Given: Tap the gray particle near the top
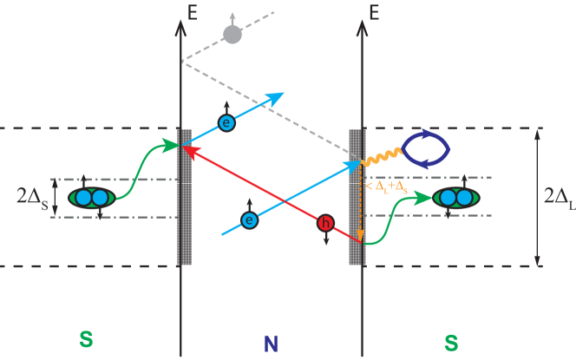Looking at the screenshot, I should pyautogui.click(x=232, y=34).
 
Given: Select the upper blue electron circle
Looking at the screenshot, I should pyautogui.click(x=226, y=123).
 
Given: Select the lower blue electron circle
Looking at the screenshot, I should pyautogui.click(x=250, y=220).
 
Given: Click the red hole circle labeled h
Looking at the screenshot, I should pyautogui.click(x=325, y=224).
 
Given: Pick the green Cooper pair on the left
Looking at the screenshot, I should pyautogui.click(x=92, y=198).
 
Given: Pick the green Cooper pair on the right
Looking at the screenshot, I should pyautogui.click(x=456, y=198).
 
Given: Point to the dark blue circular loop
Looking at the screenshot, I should pyautogui.click(x=425, y=148).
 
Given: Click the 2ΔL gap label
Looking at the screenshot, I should pyautogui.click(x=558, y=198).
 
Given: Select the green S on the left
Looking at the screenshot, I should pyautogui.click(x=86, y=339).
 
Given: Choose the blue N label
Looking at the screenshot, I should pyautogui.click(x=271, y=343).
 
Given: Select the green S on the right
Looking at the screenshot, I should pyautogui.click(x=451, y=343).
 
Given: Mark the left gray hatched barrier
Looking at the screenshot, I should pyautogui.click(x=185, y=198).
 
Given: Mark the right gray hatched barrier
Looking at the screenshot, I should pyautogui.click(x=356, y=198).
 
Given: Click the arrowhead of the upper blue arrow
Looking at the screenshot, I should pyautogui.click(x=277, y=96).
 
